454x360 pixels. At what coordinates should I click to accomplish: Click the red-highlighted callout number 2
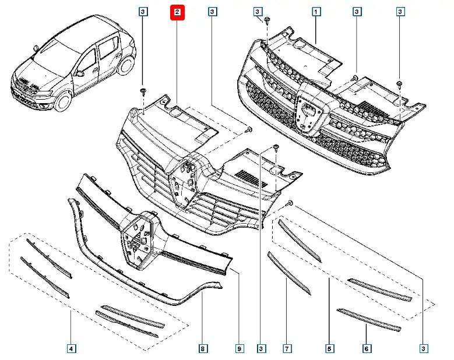(177, 12)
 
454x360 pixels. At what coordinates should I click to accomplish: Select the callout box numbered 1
(316, 12)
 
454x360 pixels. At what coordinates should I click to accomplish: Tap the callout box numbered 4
(71, 348)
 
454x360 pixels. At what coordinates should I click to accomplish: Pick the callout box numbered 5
(329, 348)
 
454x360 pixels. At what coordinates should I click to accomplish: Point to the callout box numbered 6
(366, 348)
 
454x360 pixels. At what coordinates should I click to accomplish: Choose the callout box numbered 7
(287, 348)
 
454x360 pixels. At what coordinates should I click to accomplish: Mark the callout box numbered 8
(202, 348)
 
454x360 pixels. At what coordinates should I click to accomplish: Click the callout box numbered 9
(239, 348)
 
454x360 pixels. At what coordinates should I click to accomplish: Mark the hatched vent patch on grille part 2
(251, 179)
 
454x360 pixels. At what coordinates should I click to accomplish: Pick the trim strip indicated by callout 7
(288, 273)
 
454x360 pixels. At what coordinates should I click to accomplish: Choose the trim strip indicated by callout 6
(368, 320)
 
